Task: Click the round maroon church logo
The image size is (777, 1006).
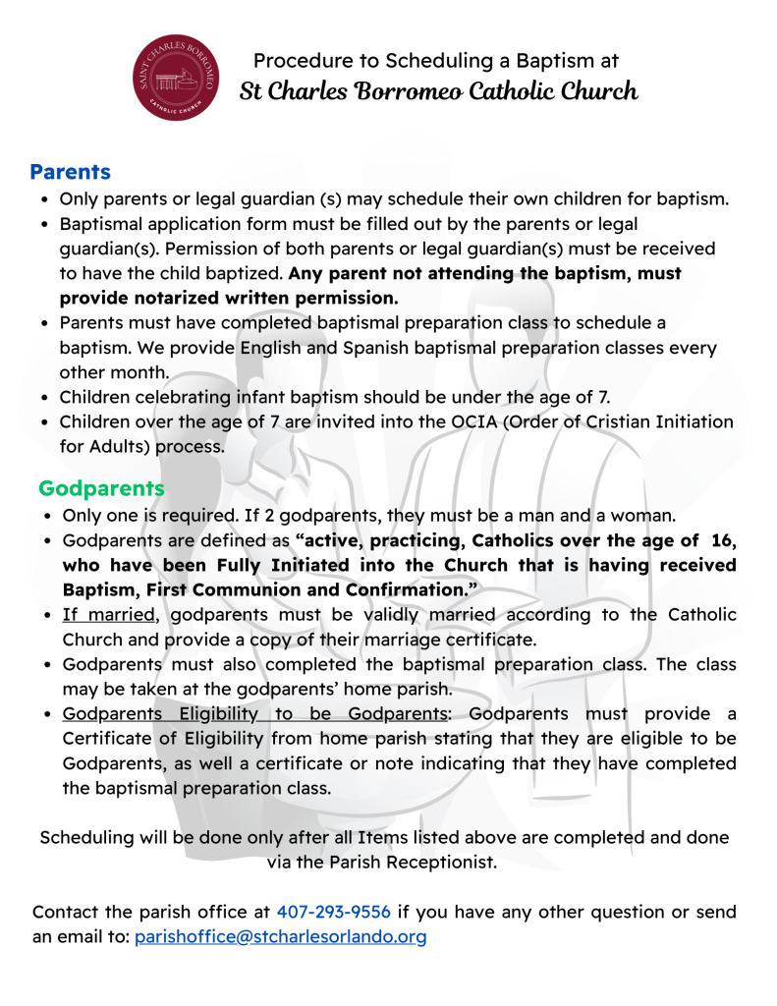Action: click(176, 78)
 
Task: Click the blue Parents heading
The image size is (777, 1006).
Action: click(70, 173)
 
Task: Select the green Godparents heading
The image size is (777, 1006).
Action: click(101, 488)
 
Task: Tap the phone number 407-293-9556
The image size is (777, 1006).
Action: click(334, 912)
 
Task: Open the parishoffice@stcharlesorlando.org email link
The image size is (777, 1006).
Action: click(280, 937)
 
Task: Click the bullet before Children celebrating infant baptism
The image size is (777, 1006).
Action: click(45, 398)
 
